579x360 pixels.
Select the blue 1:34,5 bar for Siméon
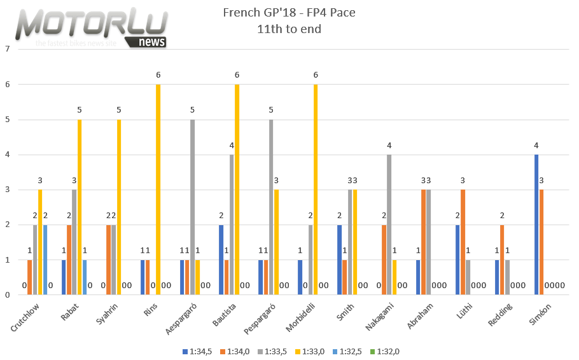pos(536,225)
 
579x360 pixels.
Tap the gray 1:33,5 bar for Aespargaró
pos(192,207)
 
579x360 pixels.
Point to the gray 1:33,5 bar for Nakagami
pos(389,225)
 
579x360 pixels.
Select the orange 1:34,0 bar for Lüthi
pos(462,242)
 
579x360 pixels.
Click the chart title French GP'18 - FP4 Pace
pos(289,13)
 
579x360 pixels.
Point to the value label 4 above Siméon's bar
pos(536,146)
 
